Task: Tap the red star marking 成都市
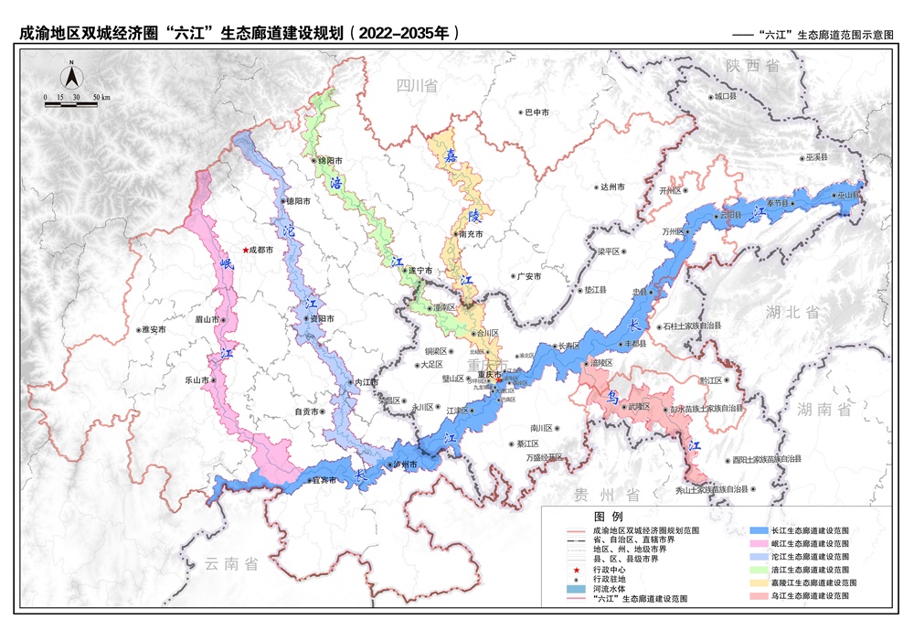[244, 249]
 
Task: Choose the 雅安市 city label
[152, 329]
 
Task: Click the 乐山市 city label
[199, 379]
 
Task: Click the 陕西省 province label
[752, 66]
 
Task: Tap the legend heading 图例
[609, 517]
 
